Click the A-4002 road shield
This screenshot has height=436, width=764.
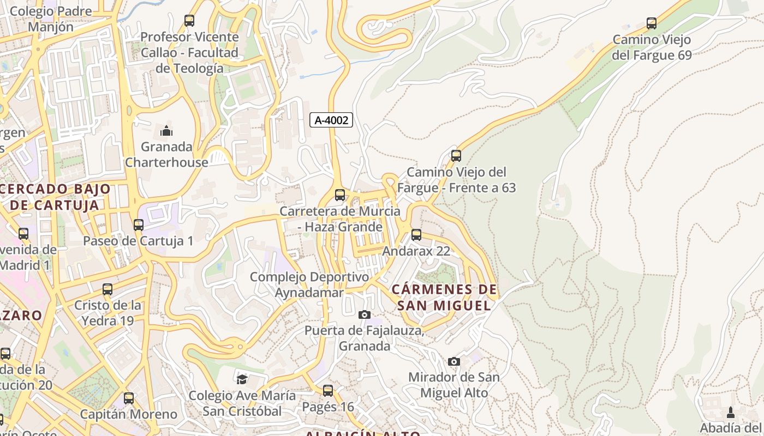[331, 120]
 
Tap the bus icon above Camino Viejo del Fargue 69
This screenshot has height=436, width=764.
[651, 23]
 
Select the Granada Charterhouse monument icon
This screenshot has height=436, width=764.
[166, 131]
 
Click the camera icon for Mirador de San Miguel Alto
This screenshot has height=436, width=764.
[453, 361]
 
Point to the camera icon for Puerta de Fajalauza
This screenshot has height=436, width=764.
[364, 314]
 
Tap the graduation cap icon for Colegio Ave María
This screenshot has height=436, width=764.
[242, 379]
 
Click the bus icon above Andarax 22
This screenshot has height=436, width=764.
[416, 235]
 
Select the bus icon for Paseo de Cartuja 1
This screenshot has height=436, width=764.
[139, 225]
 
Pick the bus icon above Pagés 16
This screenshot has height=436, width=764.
[328, 391]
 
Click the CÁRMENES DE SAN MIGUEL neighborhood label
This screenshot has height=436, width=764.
[444, 297]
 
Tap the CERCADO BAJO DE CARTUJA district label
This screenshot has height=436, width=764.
[55, 197]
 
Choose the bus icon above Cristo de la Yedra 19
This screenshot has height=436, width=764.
[108, 289]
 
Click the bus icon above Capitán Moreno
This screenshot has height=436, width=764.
[129, 398]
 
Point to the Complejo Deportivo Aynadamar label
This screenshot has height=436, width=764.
[309, 284]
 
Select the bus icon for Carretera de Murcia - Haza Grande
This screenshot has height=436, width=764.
[340, 195]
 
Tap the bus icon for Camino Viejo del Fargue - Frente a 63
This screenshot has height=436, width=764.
[456, 156]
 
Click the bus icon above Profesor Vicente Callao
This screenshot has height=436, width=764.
[189, 21]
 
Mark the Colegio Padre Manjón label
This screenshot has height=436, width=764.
[51, 19]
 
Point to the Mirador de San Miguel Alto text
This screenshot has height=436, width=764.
[454, 384]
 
